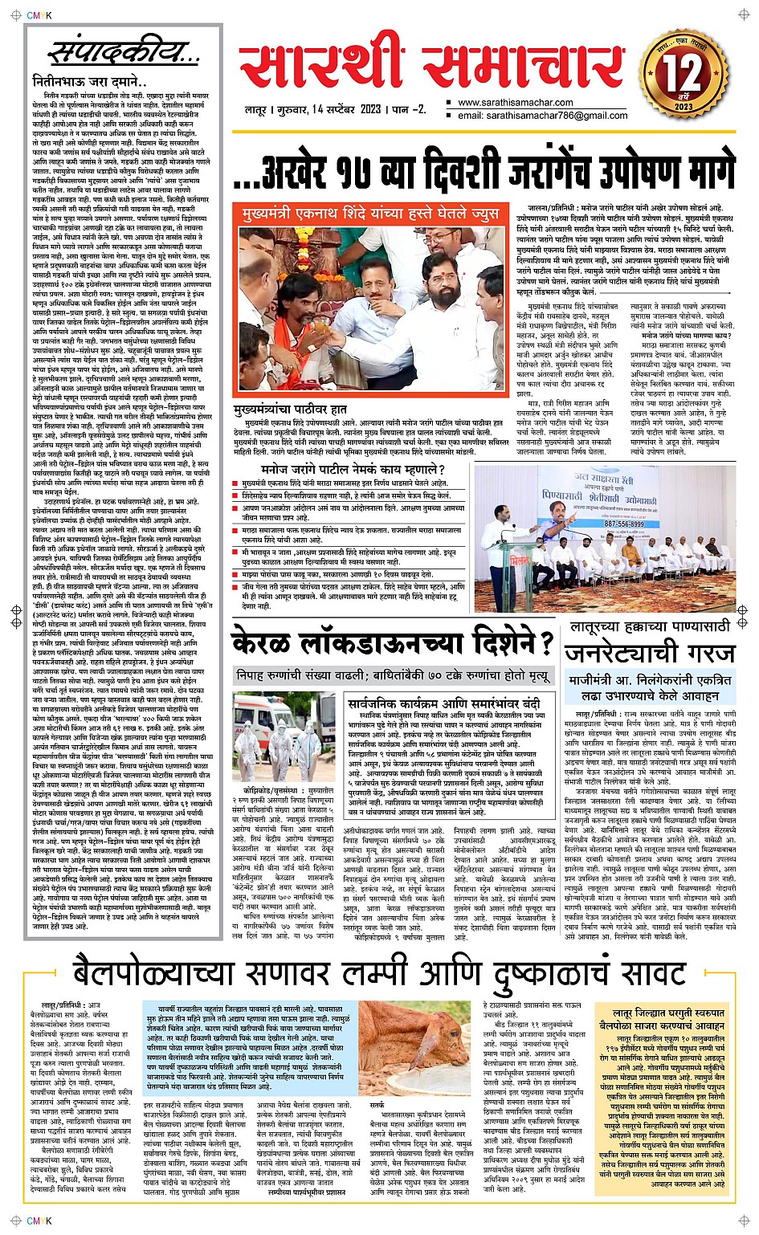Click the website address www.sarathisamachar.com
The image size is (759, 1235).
[x=515, y=103]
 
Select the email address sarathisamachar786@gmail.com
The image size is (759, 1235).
[x=542, y=116]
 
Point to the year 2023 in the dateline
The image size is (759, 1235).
[x=370, y=109]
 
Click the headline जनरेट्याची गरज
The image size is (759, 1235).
[x=649, y=651]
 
